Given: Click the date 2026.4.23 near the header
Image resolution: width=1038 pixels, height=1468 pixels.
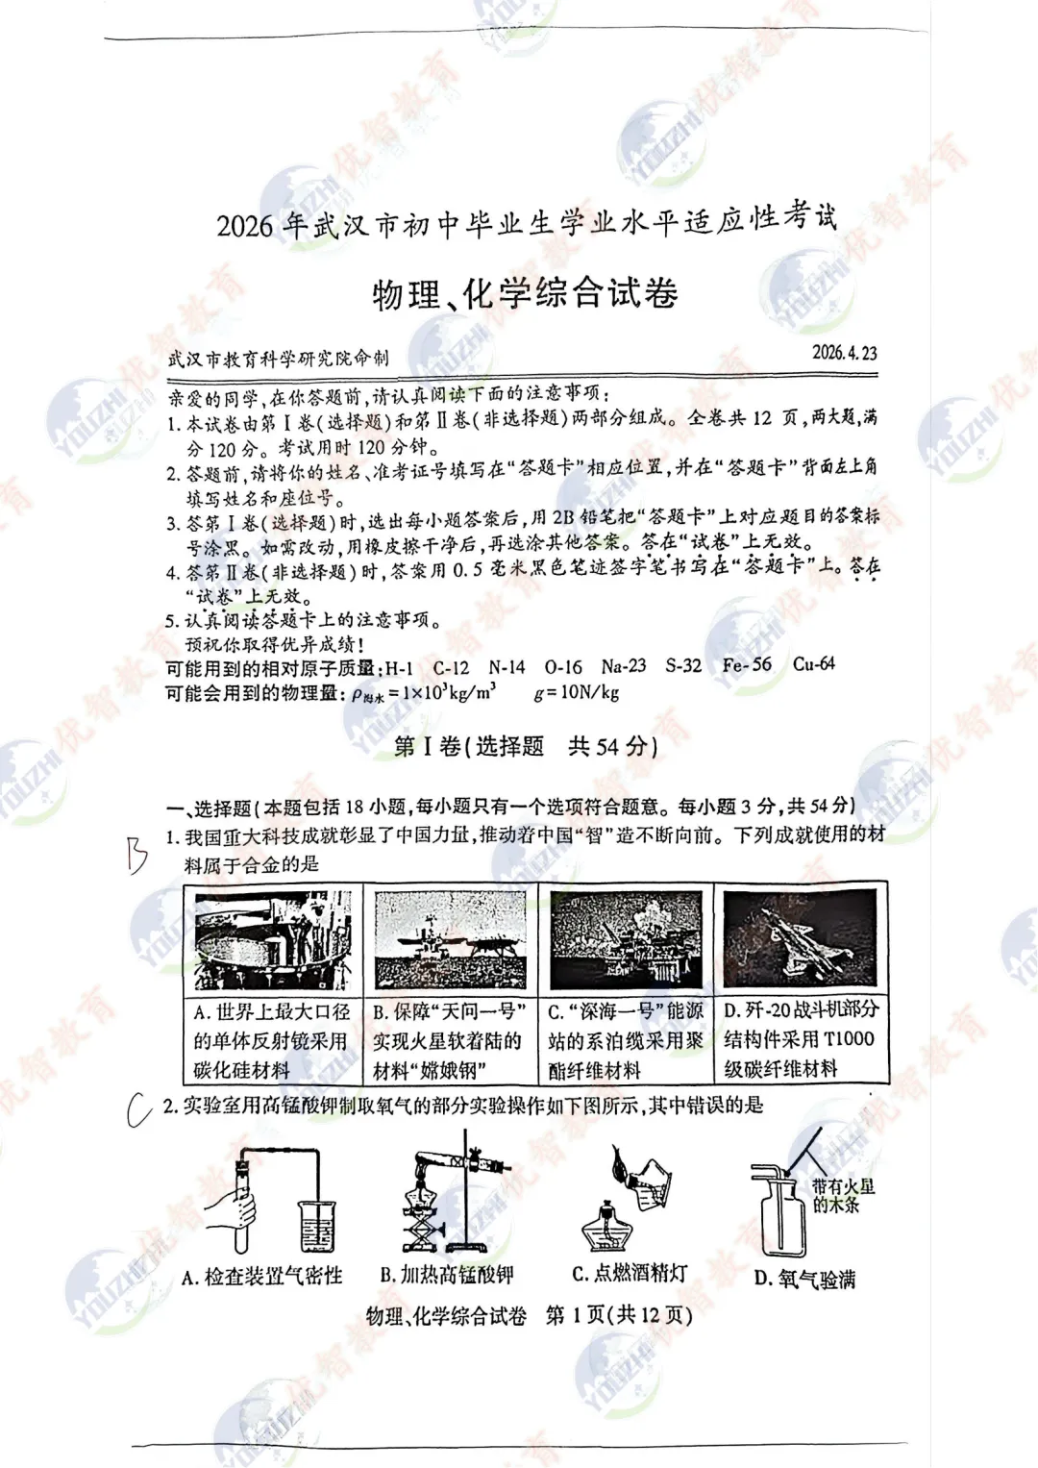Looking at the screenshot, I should point(844,352).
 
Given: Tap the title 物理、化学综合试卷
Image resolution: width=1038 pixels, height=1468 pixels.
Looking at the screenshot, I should point(525,293).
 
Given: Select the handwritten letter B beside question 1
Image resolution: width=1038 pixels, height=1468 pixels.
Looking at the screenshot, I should point(136,854).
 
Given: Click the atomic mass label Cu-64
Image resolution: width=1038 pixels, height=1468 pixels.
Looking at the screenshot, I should point(813,663).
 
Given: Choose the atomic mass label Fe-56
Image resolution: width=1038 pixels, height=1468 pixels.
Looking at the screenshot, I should point(747,664).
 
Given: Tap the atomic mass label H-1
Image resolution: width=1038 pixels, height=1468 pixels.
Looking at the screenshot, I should point(399,668).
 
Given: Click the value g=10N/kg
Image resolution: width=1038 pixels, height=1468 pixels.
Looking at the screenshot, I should point(577,692).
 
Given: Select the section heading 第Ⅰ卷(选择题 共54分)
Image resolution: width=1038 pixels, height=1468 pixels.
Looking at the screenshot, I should point(526,747).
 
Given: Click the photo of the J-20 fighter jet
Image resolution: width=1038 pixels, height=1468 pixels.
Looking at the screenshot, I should point(800,938).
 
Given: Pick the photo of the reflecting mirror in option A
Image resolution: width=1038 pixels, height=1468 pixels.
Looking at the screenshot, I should point(273,939).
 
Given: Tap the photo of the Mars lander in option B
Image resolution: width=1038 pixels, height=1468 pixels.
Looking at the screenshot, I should point(450,939).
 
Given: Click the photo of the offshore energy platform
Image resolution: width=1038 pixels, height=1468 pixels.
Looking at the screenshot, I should point(626,939).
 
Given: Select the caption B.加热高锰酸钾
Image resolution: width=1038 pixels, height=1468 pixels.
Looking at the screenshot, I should point(447,1275).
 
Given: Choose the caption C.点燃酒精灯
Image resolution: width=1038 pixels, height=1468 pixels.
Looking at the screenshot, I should point(630,1274).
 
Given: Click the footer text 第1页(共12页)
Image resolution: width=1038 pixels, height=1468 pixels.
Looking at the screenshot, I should point(618,1315).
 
